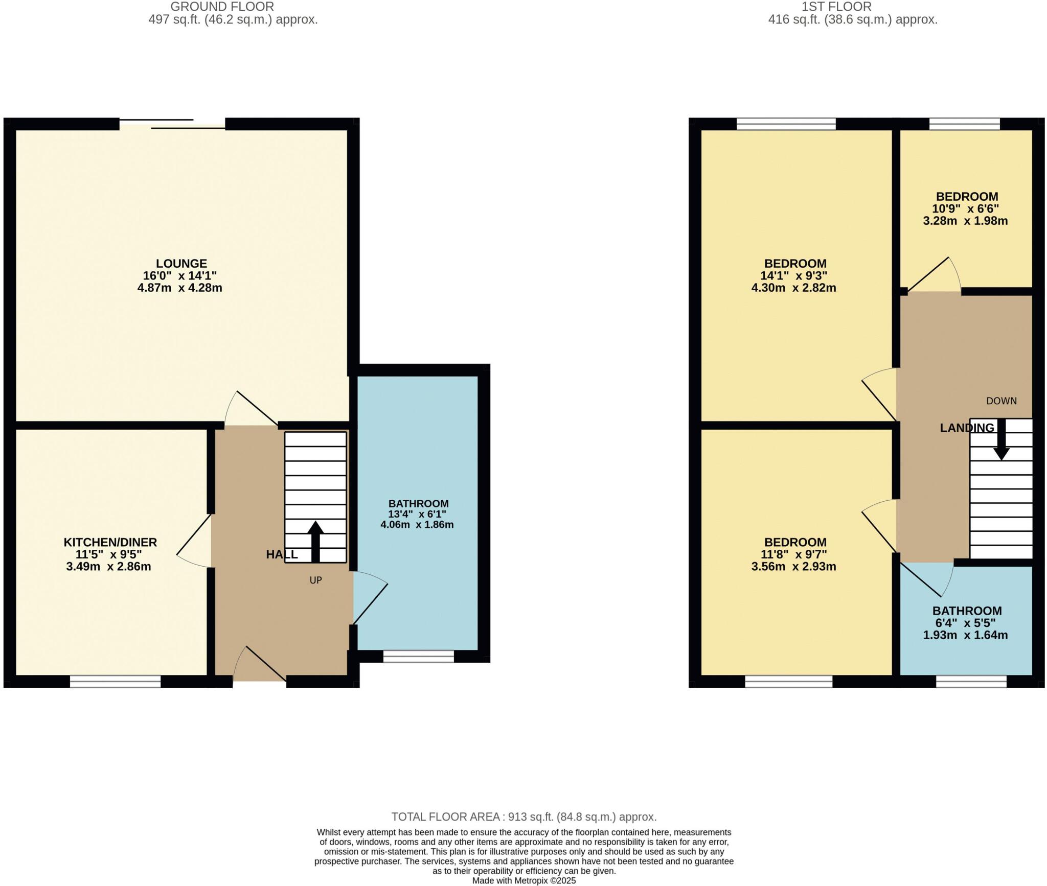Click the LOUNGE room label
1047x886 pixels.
181,264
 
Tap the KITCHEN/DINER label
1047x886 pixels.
110,543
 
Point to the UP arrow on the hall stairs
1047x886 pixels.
315,542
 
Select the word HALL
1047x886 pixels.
282,555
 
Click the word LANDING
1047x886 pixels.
967,428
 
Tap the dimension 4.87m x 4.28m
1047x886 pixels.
179,288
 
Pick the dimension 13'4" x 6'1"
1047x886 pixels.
418,514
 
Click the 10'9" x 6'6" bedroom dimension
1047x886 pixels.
966,209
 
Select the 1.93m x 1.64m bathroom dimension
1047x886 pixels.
965,636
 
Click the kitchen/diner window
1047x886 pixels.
115,682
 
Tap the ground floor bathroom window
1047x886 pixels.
419,657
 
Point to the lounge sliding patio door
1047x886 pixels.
172,124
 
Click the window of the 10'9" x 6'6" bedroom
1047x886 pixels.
965,124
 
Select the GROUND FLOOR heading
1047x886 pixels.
222,7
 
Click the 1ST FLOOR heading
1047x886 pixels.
837,7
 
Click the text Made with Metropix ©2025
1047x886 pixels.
524,880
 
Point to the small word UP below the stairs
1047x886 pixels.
315,580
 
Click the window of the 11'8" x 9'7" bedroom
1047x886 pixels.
789,682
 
